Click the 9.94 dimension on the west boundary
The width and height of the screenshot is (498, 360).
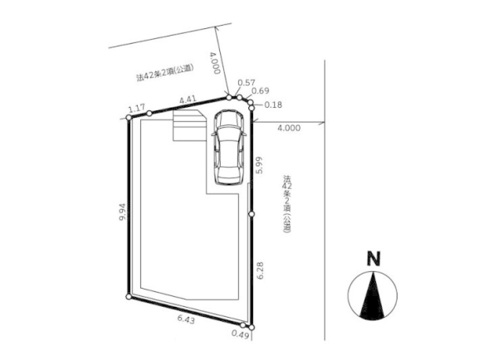pos(123,212)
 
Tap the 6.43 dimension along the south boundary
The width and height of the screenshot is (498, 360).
pos(186,319)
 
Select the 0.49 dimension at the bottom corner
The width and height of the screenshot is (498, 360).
pos(240,334)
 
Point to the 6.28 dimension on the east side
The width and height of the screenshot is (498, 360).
pos(261,270)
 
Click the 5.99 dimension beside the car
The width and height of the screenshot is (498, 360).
pos(260,165)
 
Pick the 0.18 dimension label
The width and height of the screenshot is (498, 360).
pos(273,105)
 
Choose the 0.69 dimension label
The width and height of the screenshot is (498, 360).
pos(261,90)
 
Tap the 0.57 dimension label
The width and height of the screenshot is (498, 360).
pos(247,83)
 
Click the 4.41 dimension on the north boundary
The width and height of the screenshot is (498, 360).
pos(188,100)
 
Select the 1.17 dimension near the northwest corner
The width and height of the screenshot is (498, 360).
pos(137,109)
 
